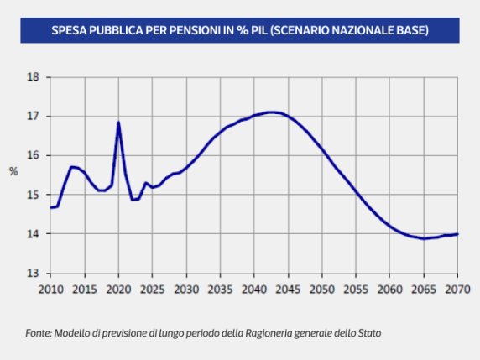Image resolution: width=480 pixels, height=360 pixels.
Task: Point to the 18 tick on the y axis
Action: point(34,77)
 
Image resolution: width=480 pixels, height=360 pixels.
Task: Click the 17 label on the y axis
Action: point(34,117)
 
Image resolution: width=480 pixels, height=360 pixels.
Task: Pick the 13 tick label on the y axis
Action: point(34,274)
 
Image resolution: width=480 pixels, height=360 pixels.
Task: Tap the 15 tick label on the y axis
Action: point(34,195)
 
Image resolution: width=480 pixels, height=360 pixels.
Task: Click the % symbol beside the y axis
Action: point(13,172)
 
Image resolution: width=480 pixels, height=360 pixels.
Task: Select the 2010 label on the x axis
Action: point(50,290)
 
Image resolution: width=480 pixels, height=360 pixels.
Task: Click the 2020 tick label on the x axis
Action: point(118,290)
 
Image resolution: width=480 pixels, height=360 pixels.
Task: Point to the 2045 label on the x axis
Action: point(288,290)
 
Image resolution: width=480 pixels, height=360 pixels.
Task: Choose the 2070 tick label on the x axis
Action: point(457,290)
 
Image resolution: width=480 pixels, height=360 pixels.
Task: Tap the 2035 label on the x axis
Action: point(220,290)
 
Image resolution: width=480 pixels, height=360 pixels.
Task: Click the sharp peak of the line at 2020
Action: point(118,123)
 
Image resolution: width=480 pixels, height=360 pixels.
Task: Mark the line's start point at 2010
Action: point(51,207)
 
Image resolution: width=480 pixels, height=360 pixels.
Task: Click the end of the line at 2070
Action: point(457,234)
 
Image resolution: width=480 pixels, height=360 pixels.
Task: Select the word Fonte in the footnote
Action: point(38,333)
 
